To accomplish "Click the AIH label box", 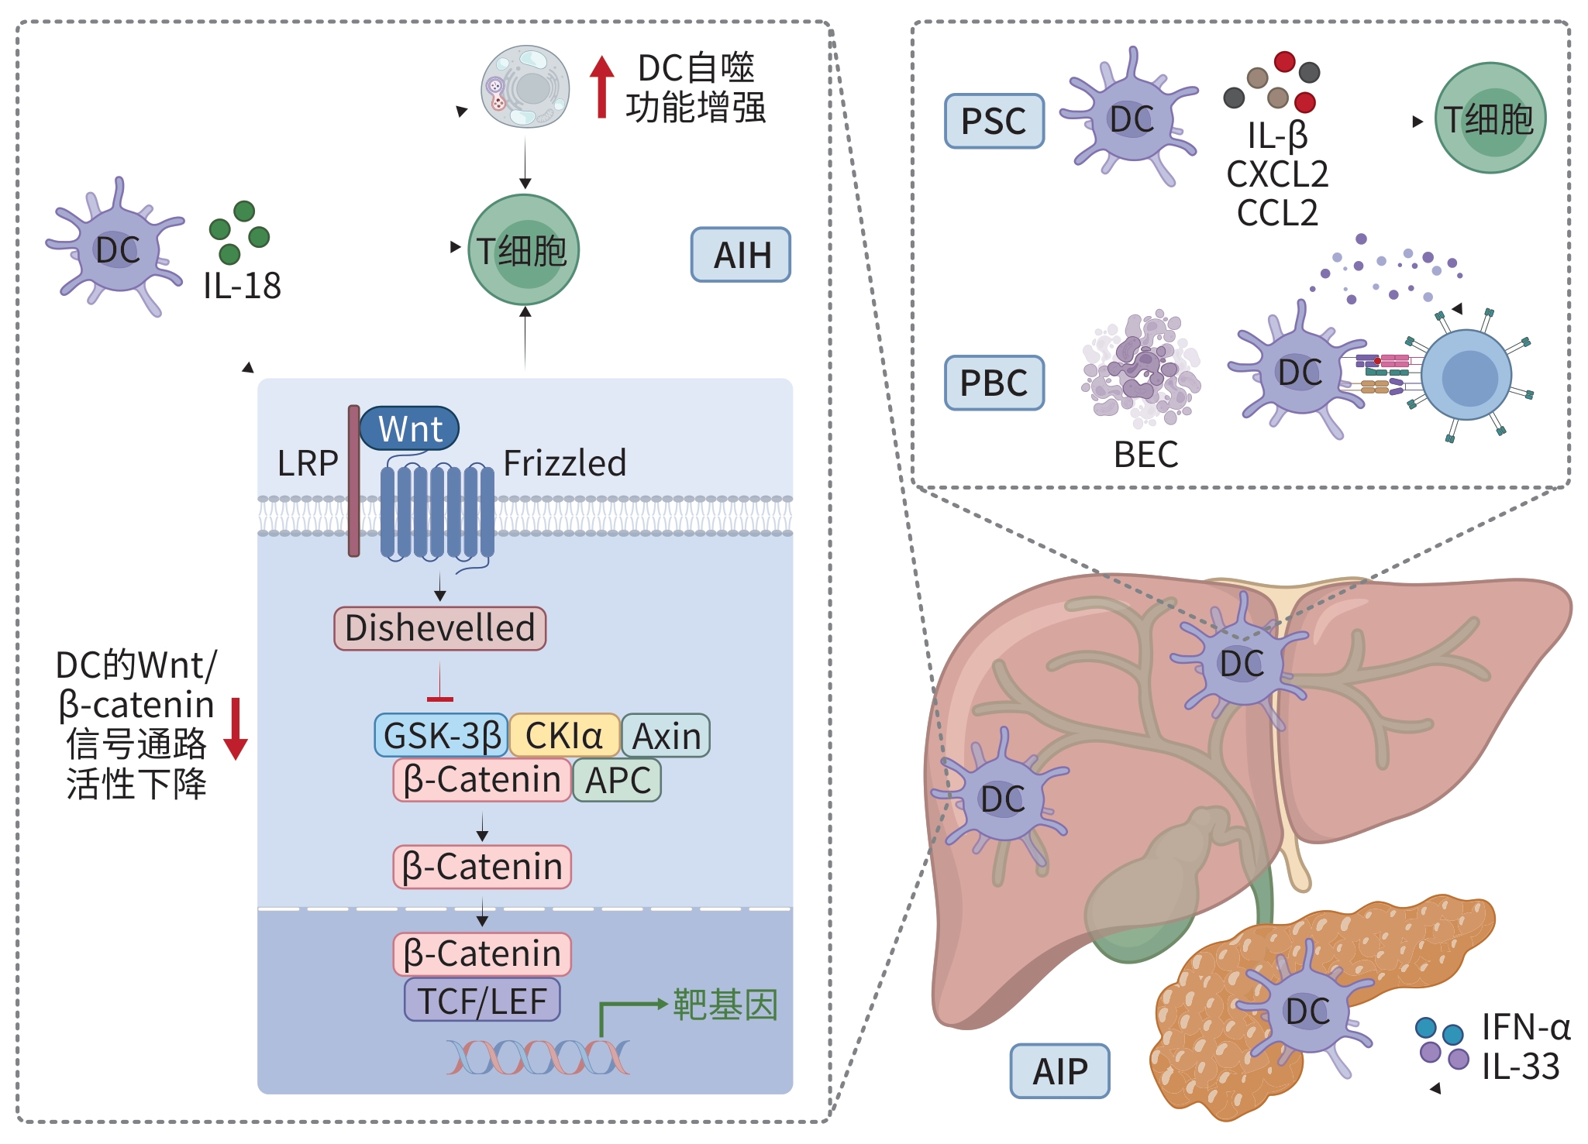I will pyautogui.click(x=740, y=255).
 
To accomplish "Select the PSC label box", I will pyautogui.click(x=994, y=122).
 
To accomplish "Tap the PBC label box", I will pyautogui.click(x=994, y=383).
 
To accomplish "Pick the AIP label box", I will pyautogui.click(x=1059, y=1071).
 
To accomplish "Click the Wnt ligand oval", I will pyautogui.click(x=410, y=428).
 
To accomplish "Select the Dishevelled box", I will pyautogui.click(x=439, y=628).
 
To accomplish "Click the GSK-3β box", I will pyautogui.click(x=441, y=736).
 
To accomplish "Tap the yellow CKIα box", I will pyautogui.click(x=564, y=736).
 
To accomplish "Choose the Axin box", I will pyautogui.click(x=666, y=736).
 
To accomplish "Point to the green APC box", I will pyautogui.click(x=617, y=780).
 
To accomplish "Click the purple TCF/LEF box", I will pyautogui.click(x=481, y=1001).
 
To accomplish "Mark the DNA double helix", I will pyautogui.click(x=538, y=1058).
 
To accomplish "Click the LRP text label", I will pyautogui.click(x=308, y=464).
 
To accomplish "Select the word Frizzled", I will pyautogui.click(x=564, y=463).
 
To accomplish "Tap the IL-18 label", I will pyautogui.click(x=242, y=286).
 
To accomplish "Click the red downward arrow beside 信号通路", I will pyautogui.click(x=236, y=728).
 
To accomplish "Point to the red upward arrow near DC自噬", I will pyautogui.click(x=601, y=87).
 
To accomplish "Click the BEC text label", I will pyautogui.click(x=1145, y=455).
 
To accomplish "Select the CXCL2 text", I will pyautogui.click(x=1276, y=174).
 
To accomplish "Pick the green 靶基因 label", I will pyautogui.click(x=725, y=1005).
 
